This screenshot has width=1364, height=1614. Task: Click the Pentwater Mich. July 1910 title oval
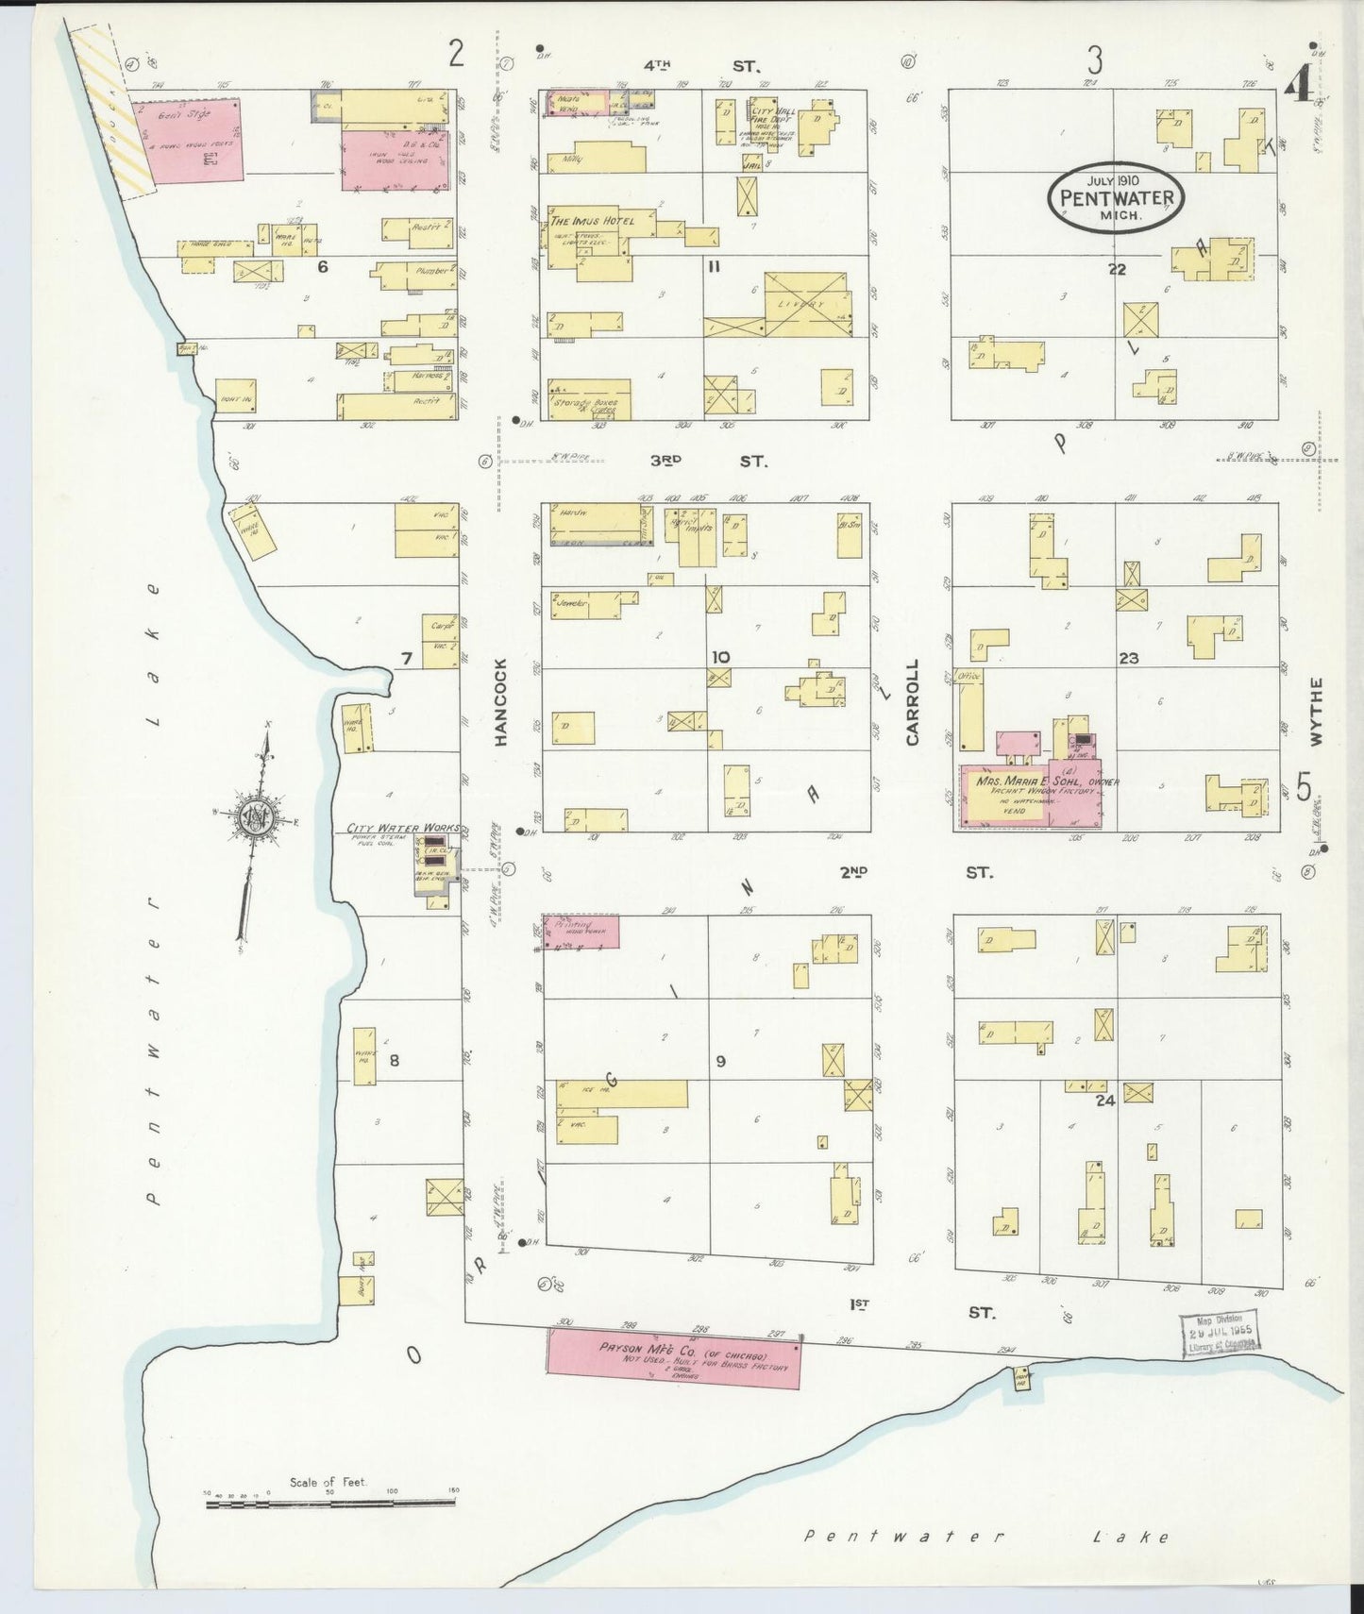coord(1117,197)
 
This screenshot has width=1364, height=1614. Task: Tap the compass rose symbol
coord(257,817)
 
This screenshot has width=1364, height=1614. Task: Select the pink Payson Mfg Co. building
coord(675,1358)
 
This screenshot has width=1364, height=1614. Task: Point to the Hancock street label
coord(500,702)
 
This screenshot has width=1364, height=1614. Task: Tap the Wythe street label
coord(1317,712)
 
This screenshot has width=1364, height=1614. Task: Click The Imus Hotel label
coord(594,221)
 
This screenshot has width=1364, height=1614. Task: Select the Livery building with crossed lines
coord(807,304)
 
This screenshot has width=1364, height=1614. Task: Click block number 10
coord(720,656)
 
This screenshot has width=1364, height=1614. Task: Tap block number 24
coord(1105,1100)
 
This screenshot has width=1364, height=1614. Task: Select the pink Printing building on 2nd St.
coord(581,932)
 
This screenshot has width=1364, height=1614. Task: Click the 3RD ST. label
coord(708,462)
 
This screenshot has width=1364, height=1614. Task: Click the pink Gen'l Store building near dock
coord(186,139)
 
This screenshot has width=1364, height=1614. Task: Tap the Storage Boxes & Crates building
coord(590,399)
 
